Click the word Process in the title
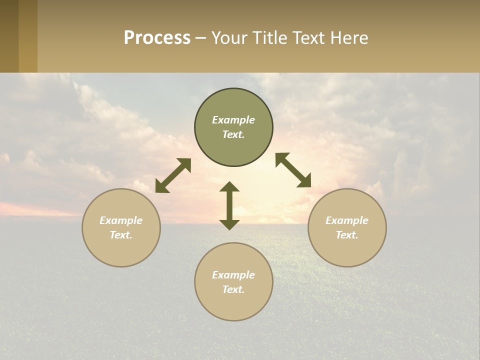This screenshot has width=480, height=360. (x=157, y=37)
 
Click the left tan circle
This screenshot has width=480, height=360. (x=121, y=250)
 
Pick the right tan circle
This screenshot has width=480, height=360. (x=347, y=250)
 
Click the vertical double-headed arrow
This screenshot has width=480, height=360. (x=229, y=205)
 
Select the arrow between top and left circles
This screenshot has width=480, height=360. (x=173, y=175)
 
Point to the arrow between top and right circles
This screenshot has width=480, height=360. (x=293, y=170)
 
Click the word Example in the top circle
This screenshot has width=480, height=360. (x=233, y=120)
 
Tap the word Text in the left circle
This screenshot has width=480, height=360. (x=121, y=235)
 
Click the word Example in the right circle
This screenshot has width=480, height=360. (x=347, y=220)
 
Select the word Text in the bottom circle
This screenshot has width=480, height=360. (x=233, y=289)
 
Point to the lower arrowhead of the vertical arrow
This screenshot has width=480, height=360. (x=229, y=224)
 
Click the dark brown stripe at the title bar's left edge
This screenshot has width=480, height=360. (x=9, y=36)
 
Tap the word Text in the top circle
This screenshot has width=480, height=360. (x=233, y=134)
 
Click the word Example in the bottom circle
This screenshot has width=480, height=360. (x=233, y=275)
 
